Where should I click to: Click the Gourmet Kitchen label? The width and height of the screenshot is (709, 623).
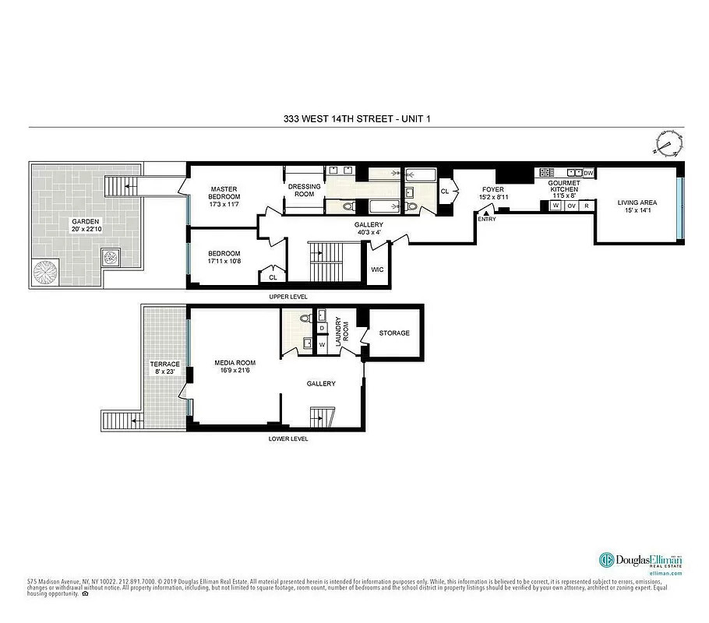[563, 186]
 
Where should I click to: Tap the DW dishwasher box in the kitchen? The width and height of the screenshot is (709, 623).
[588, 173]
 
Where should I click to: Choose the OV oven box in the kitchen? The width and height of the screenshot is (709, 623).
[571, 206]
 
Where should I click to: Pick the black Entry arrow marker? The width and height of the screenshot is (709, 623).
[486, 213]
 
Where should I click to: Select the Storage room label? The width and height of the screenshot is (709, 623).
[394, 333]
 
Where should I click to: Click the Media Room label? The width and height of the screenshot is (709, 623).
[235, 363]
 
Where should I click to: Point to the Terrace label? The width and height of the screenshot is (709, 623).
[164, 364]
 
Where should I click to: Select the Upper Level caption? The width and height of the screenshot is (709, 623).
[288, 297]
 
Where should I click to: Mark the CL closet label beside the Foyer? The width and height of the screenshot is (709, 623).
[445, 191]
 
